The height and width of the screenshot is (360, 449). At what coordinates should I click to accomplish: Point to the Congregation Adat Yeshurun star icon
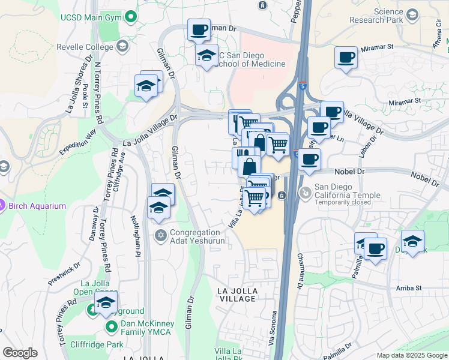pos(160,235)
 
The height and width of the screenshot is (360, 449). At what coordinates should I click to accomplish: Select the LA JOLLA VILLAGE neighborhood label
pos(237,295)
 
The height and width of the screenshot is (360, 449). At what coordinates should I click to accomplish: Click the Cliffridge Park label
pos(97,344)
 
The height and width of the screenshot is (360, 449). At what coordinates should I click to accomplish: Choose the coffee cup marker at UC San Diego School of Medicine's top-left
pos(199,29)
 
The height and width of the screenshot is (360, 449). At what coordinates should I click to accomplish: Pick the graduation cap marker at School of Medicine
pos(206,56)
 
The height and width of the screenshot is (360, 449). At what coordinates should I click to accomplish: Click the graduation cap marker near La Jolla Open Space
pos(106,303)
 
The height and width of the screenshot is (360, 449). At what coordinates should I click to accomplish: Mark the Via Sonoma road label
pos(274,330)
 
